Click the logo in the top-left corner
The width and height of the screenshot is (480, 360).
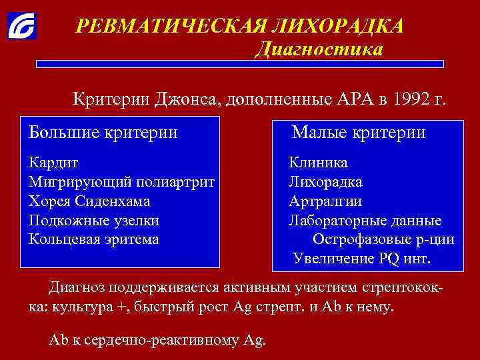coord(22,25)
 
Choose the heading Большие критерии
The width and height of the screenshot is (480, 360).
coord(103,132)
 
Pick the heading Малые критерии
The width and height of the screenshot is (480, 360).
coord(359,132)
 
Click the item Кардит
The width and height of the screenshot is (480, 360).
coord(54,163)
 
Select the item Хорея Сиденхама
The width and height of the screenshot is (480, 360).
coord(89,201)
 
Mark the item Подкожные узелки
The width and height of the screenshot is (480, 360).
coord(94,220)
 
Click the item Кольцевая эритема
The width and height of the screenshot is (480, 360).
coord(94,239)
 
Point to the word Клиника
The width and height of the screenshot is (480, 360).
coord(318,163)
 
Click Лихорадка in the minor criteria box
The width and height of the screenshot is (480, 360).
coord(325,181)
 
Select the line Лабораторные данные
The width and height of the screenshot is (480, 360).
coord(365,220)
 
